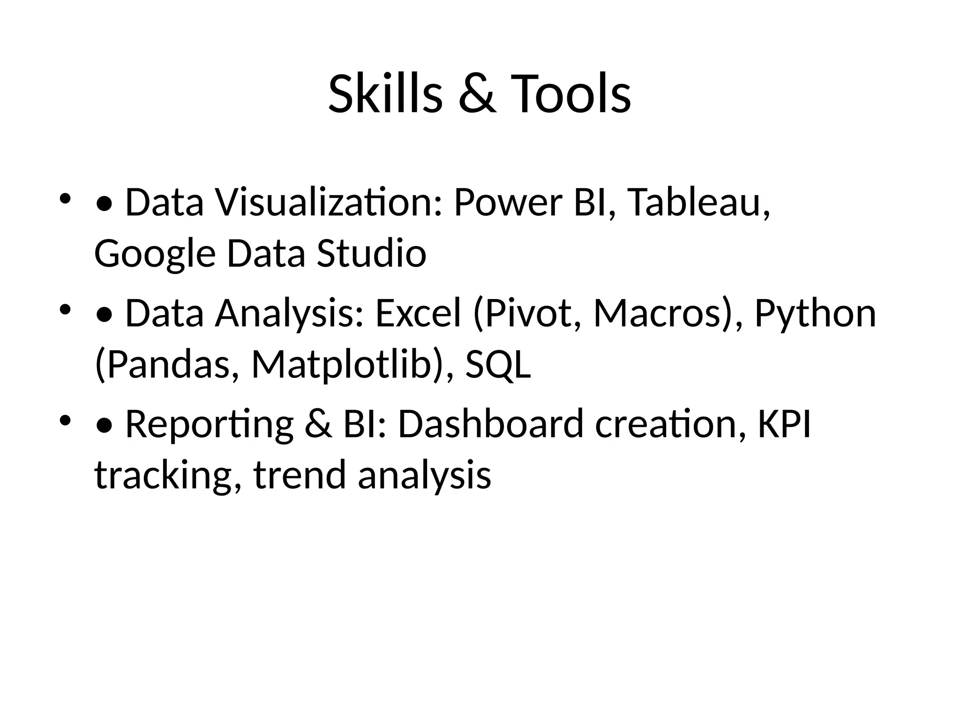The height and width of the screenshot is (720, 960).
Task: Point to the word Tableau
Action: [698, 202]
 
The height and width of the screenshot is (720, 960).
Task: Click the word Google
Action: [155, 254]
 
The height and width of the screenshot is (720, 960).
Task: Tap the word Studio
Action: [371, 253]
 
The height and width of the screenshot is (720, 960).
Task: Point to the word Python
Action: [815, 314]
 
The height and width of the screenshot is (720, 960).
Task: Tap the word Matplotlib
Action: [341, 365]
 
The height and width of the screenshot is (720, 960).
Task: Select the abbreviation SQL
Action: [498, 365]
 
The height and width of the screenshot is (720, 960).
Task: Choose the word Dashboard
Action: [491, 424]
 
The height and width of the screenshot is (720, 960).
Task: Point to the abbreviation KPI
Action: [784, 424]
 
